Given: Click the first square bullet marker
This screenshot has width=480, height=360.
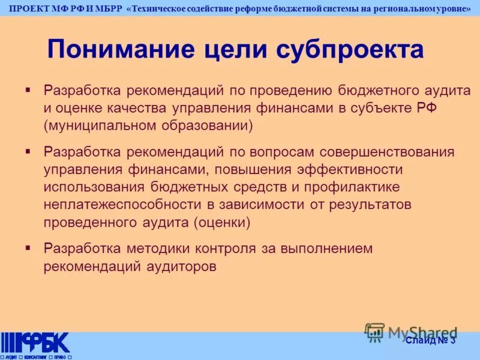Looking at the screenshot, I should (28, 89).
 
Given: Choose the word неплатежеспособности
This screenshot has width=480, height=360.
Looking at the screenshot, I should (119, 205).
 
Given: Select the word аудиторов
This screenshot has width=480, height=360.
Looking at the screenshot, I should (181, 266).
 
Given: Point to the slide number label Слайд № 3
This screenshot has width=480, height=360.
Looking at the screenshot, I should (430, 341).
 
